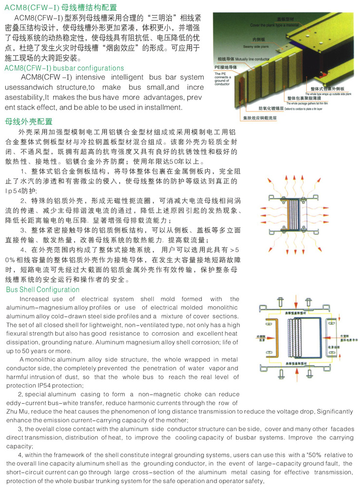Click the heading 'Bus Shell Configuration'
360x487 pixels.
(43, 290)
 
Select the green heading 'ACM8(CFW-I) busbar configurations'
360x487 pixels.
(64, 68)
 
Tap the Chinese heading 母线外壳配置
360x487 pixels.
(28, 122)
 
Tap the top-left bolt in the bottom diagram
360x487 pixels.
(281, 302)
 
